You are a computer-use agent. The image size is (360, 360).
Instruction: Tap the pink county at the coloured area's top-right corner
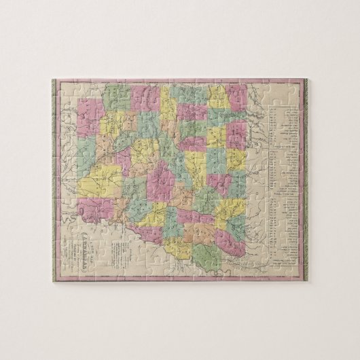[x=237, y=97]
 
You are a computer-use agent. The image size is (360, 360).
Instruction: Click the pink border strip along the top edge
[x=179, y=82]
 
